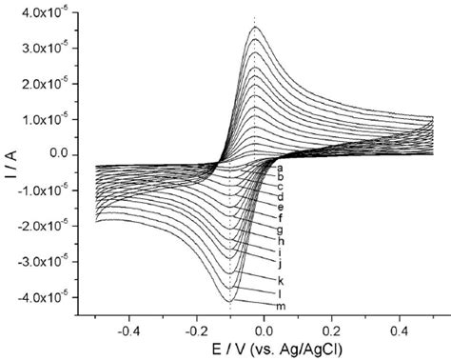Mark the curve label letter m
click(283, 306)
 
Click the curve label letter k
click(282, 281)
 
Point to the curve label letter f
click(282, 218)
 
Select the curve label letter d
click(282, 196)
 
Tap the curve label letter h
click(282, 241)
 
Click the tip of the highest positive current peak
click(254, 27)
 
